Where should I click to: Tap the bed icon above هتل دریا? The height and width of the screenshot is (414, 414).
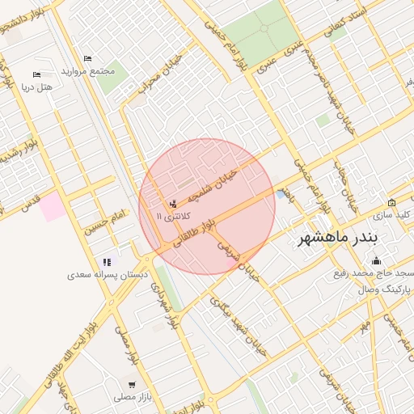point(36,74)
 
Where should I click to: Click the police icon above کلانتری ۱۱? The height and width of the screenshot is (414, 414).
point(172,204)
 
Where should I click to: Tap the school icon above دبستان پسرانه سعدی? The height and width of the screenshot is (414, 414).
point(106,262)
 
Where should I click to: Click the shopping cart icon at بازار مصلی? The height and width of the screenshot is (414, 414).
point(131,384)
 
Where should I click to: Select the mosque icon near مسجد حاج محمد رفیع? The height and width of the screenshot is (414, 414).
point(376,260)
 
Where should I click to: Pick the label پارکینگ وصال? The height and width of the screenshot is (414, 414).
point(386,289)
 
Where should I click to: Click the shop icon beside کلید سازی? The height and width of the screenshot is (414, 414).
point(392,203)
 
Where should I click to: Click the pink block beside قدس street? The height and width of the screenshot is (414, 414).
point(53,206)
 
